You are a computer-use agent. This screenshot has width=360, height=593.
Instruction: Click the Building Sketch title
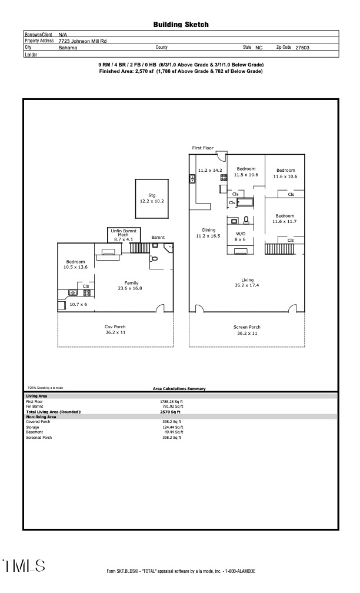[x=181, y=25]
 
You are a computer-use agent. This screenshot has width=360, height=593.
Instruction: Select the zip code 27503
[x=302, y=48]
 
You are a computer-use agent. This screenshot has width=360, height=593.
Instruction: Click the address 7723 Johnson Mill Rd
[x=82, y=41]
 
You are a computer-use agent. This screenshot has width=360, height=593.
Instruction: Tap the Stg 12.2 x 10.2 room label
[x=151, y=198]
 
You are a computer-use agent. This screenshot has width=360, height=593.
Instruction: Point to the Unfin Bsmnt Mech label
[x=122, y=235]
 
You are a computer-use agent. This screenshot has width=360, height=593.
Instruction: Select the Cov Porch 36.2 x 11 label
[x=115, y=330]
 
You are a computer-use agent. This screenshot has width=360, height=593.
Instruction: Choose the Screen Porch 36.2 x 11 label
[x=247, y=330]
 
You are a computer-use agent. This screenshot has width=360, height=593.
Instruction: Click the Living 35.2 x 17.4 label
[x=247, y=283]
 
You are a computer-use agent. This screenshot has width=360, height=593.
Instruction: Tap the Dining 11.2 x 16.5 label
[x=208, y=233]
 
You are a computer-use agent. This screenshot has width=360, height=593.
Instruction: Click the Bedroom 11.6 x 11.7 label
[x=285, y=218]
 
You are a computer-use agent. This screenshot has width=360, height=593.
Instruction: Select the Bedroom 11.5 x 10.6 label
[x=246, y=172]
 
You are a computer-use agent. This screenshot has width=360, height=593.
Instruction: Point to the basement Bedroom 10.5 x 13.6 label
[x=75, y=264]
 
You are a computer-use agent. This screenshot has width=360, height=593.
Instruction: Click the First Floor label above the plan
[x=203, y=148]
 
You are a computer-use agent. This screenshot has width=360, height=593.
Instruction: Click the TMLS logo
[x=24, y=566]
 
